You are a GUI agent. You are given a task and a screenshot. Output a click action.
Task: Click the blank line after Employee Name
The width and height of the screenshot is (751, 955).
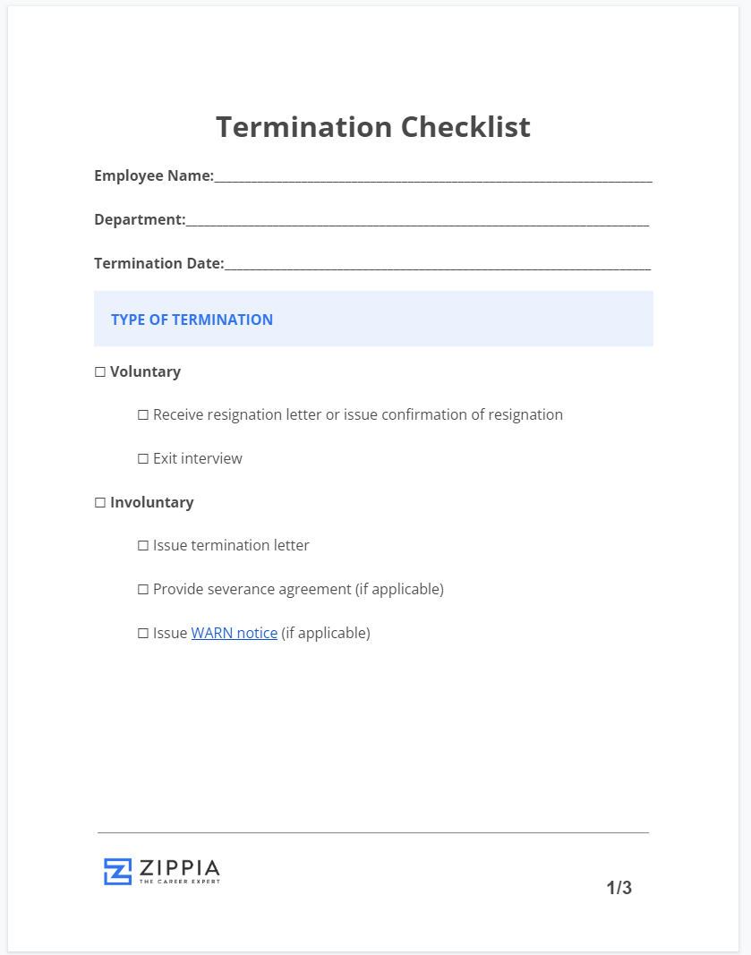tap(433, 179)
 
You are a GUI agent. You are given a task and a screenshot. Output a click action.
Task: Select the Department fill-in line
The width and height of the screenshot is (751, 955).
tap(417, 222)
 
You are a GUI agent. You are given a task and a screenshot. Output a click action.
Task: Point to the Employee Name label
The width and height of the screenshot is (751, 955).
tap(153, 175)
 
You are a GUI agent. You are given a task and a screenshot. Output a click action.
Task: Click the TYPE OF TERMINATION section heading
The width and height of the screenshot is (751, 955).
tap(192, 320)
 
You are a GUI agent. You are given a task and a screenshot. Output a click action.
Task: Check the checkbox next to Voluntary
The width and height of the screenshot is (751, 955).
tap(100, 371)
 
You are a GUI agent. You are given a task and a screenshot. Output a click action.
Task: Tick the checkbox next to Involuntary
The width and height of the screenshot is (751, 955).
tap(100, 502)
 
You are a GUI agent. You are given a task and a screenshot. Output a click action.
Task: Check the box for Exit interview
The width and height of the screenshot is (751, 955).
tap(143, 458)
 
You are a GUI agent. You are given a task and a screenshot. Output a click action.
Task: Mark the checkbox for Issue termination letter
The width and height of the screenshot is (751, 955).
tap(143, 545)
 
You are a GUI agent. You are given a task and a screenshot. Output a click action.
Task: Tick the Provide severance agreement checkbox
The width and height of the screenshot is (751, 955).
tap(143, 589)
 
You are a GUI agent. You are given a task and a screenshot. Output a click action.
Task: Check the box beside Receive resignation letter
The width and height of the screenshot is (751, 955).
tap(143, 414)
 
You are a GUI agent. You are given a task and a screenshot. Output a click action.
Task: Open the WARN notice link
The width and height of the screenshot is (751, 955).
tap(235, 633)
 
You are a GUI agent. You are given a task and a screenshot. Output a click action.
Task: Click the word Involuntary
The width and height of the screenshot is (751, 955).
tap(151, 502)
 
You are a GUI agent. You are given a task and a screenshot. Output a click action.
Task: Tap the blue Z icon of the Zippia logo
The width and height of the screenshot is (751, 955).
tap(117, 871)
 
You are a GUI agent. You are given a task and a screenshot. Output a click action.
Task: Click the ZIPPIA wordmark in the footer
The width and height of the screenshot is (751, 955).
tap(180, 867)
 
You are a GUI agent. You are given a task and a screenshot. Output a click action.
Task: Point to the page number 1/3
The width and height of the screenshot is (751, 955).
tap(619, 888)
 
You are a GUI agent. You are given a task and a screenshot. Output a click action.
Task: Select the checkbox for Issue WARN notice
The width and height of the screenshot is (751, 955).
tap(143, 633)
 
